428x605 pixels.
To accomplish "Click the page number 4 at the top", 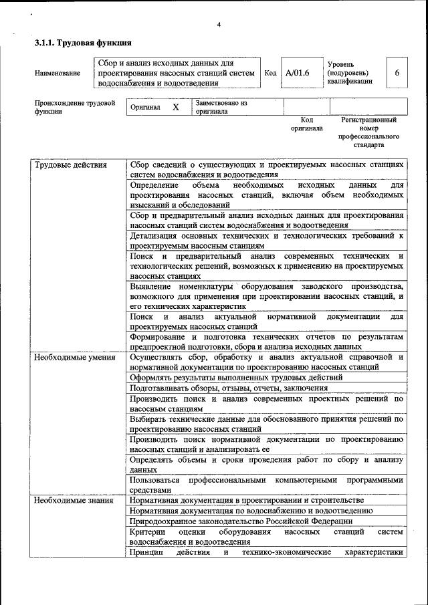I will pos(219,25).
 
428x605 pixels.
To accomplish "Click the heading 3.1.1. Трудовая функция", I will pos(82,43).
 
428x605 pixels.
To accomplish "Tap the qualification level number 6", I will pos(397,73).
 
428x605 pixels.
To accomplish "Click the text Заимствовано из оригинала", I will pos(221,108).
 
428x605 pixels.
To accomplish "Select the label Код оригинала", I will pos(306,124).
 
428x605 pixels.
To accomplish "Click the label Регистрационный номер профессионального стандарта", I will pos(368,132).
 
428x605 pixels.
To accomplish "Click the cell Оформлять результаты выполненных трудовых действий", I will pos(236,377).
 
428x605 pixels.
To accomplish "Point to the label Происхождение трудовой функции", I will pos(74,108).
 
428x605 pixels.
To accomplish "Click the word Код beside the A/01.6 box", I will pos(270,73).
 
